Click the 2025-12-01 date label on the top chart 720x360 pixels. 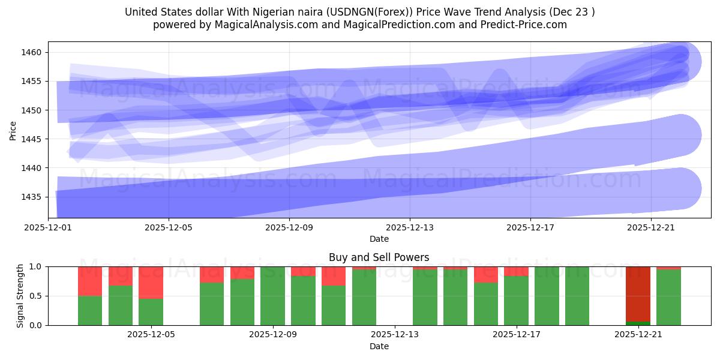48,228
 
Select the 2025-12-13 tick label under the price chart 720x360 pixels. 410,228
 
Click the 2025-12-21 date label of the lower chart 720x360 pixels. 638,335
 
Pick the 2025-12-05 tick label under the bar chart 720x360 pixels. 151,335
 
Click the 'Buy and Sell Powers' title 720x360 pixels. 379,257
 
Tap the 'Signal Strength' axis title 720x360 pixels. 20,295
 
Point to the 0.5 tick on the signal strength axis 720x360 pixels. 35,296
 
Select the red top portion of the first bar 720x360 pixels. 90,281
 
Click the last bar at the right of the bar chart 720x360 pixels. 668,297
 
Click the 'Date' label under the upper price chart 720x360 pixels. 379,239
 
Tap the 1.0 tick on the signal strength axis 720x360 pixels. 35,266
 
